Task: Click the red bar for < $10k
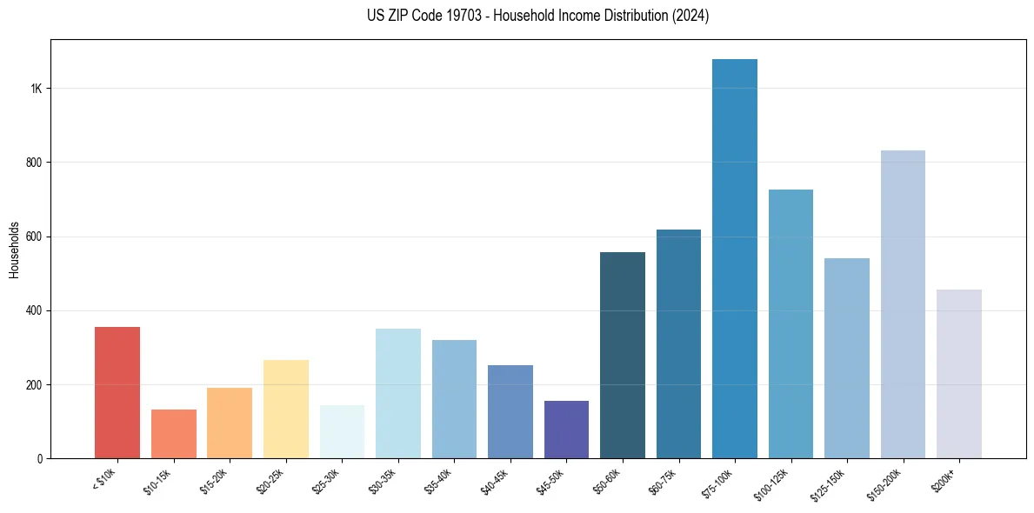coord(117,392)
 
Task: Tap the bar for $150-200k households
coord(903,304)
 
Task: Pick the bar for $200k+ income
coord(959,374)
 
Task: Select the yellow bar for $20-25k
coord(286,409)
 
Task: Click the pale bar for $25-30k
coord(342,431)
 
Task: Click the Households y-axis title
coord(14,249)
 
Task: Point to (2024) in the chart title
coord(690,16)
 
